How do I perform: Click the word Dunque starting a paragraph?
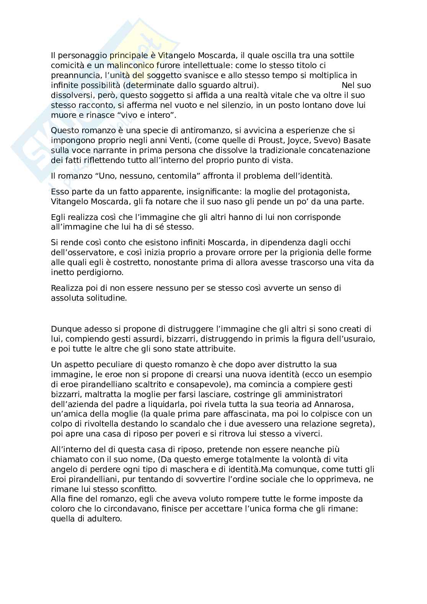[x=64, y=329]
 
